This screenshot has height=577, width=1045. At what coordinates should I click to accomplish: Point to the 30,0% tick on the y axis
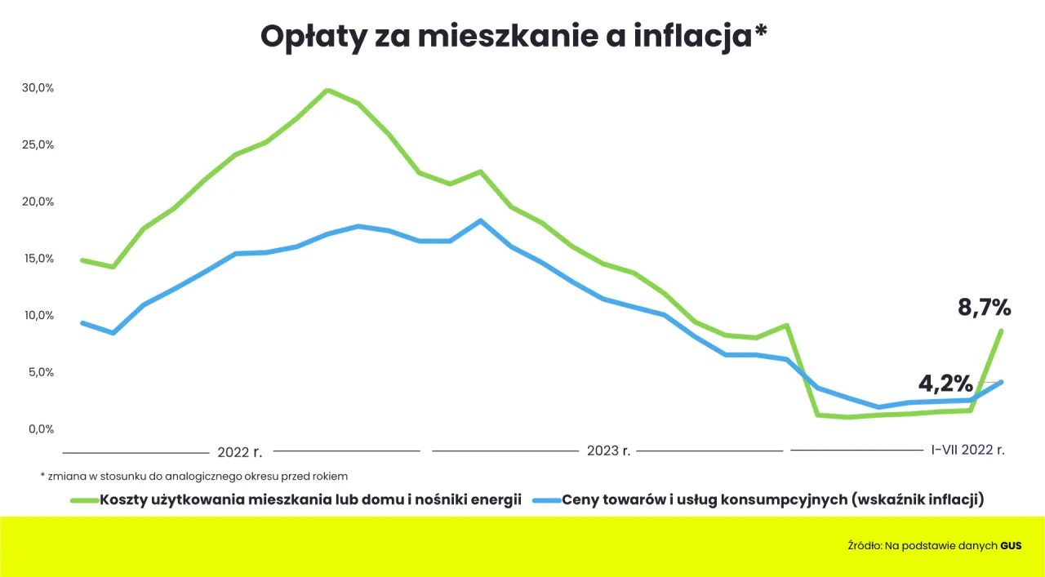click(x=38, y=87)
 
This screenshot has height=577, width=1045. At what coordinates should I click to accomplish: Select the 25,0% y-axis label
click(x=38, y=144)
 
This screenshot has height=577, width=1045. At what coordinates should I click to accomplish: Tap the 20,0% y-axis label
click(x=38, y=202)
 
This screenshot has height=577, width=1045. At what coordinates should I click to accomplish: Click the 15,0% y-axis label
click(x=38, y=259)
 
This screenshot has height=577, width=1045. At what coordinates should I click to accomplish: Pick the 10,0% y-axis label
click(x=38, y=315)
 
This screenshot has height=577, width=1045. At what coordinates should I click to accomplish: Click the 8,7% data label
click(x=984, y=308)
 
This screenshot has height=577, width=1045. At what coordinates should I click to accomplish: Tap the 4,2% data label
click(x=945, y=383)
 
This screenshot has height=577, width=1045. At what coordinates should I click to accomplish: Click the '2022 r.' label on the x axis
click(x=239, y=451)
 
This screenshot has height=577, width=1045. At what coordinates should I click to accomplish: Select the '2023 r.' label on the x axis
click(x=608, y=451)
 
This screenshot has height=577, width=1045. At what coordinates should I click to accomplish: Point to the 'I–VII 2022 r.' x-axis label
click(x=968, y=450)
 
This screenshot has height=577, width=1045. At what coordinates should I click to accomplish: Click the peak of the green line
click(x=327, y=90)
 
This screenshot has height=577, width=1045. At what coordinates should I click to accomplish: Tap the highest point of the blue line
click(x=480, y=220)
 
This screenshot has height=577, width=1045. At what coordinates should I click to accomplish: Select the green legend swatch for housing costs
click(x=83, y=500)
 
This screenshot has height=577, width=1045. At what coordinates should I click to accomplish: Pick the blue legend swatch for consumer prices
click(x=545, y=500)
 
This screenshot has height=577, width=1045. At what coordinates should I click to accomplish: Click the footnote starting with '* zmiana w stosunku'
click(x=193, y=475)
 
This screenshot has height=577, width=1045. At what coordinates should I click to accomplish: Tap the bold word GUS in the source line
click(x=1011, y=546)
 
